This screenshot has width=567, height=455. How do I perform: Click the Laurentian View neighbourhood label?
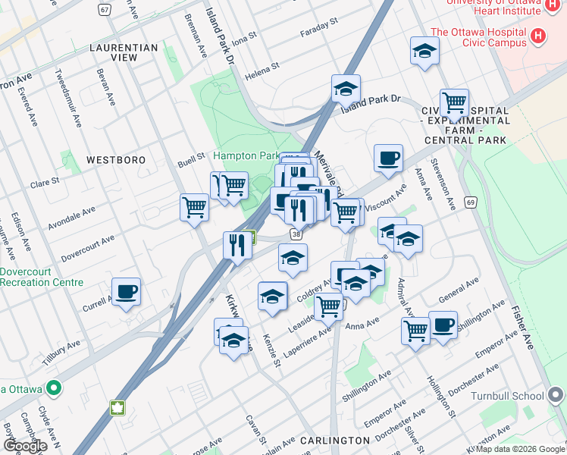(x=123, y=52)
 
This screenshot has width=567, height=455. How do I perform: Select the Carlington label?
(x=334, y=440)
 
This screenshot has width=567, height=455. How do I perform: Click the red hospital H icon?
(x=538, y=35)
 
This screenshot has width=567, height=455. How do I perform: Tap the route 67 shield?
(x=105, y=9)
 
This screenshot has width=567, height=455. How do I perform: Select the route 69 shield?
(x=471, y=202)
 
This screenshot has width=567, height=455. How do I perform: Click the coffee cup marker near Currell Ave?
(x=126, y=290)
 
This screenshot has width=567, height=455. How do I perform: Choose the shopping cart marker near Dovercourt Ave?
(x=195, y=206)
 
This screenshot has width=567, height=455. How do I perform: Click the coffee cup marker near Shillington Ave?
(x=443, y=325)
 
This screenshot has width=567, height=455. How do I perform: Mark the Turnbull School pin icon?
(x=557, y=395)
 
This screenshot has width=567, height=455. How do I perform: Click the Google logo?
(x=25, y=446)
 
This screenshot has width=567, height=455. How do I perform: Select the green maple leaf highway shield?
(x=117, y=409)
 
